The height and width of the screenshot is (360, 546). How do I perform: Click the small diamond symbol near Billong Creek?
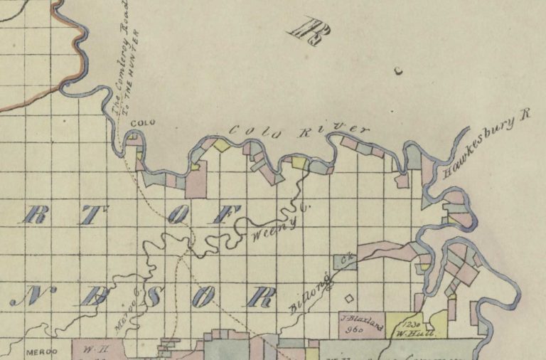pyautogui.click(x=348, y=299)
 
